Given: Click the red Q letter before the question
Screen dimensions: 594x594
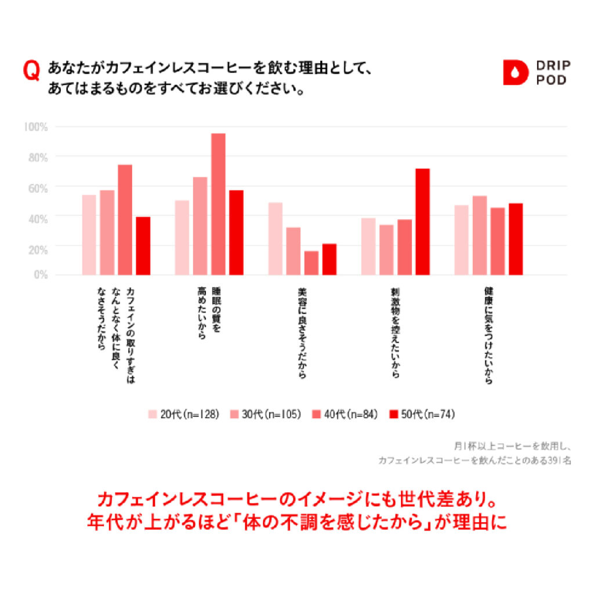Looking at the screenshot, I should click(31, 71).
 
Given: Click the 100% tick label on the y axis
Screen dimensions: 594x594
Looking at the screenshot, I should click(37, 126).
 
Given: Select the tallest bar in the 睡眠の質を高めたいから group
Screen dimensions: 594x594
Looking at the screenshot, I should click(218, 204).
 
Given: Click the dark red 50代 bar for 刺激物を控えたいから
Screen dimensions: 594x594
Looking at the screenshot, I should click(422, 222).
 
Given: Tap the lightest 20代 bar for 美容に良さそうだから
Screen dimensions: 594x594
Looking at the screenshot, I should click(276, 238).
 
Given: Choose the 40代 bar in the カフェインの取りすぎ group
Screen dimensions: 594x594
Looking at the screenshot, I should click(125, 220).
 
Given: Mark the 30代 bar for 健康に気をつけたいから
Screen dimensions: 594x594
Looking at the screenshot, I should click(479, 236).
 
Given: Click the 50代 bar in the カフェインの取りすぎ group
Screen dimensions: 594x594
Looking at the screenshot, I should click(143, 246).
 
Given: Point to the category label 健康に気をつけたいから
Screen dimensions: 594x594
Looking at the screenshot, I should click(488, 335).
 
